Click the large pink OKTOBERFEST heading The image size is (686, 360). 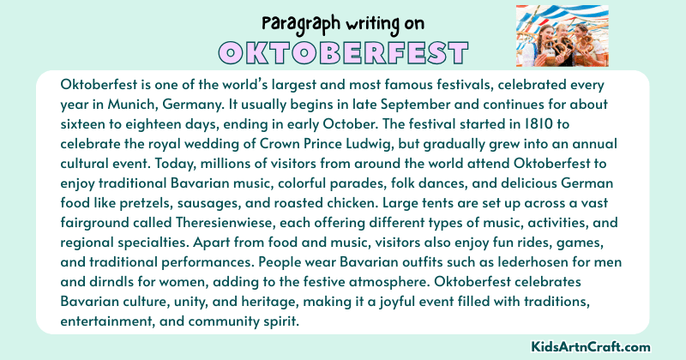coord(342,52)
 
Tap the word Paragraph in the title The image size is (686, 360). coord(299,21)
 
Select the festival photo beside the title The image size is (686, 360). coord(562,36)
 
